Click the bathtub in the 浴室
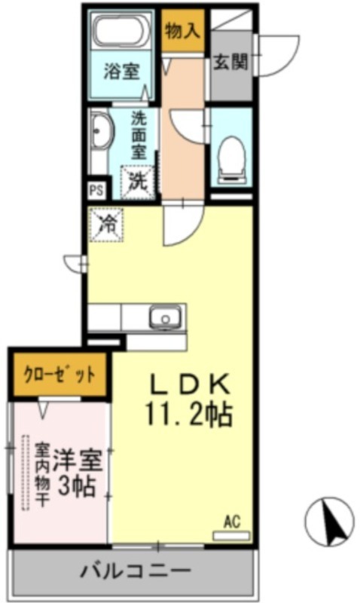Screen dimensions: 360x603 pyautogui.click(x=121, y=32)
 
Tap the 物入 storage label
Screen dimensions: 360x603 pyautogui.click(x=183, y=32)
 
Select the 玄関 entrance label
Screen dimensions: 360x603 pyautogui.click(x=230, y=62)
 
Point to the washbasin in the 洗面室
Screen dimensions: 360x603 pyautogui.click(x=101, y=132)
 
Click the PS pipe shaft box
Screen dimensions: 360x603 pyautogui.click(x=96, y=190)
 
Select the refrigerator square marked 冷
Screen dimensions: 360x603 pyautogui.click(x=106, y=225)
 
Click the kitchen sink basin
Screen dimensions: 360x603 pyautogui.click(x=166, y=317)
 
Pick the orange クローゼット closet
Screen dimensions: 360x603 pyautogui.click(x=60, y=375)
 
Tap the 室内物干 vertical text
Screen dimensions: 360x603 pyautogui.click(x=42, y=476)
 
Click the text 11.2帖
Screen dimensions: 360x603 pyautogui.click(x=189, y=415)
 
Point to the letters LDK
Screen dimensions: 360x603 pyautogui.click(x=190, y=384)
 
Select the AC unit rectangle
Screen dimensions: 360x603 pyautogui.click(x=231, y=535)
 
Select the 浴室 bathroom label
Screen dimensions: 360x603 pyautogui.click(x=121, y=71)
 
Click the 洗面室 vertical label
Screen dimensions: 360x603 pyautogui.click(x=139, y=136)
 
